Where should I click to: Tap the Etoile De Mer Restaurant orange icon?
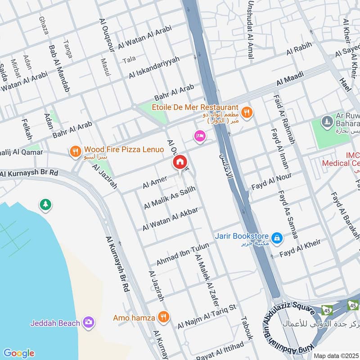246,111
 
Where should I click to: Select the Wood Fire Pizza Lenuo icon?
76,152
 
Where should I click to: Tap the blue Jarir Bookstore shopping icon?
277,237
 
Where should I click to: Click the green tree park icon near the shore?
45,205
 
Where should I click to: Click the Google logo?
18,353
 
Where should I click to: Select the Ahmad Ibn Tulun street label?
183,254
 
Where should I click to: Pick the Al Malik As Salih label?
170,198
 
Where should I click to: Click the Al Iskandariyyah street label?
154,68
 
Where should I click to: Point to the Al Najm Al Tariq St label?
207,316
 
